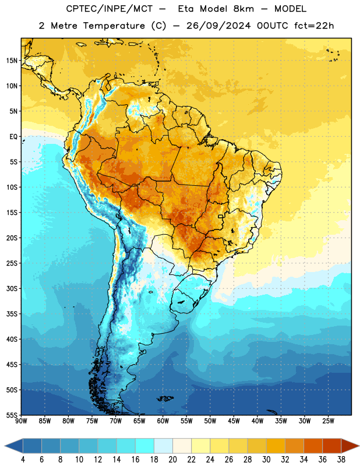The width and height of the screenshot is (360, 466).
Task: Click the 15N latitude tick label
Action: coord(12,61)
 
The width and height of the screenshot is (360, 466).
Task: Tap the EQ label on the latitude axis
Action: coord(13,137)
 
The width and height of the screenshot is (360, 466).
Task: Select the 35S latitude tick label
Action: coord(12,314)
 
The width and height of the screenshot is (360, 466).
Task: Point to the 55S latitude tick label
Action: coord(12,415)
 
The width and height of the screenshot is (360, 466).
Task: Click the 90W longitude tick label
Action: coord(21,421)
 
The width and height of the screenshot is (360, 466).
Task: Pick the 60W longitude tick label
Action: coord(163,421)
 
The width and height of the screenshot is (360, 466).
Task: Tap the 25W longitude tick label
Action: coord(328,421)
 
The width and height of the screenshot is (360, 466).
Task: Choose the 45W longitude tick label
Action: coord(234,421)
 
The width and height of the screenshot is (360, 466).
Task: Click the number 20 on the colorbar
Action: coord(172,460)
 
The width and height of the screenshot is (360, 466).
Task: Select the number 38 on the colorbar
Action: coord(341,460)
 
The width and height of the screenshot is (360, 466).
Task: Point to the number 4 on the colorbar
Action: coord(23,460)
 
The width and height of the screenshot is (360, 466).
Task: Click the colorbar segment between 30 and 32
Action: coord(276,446)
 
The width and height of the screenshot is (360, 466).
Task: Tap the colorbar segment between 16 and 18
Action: coord(144,446)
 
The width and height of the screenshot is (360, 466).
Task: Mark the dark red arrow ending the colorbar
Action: coord(350,446)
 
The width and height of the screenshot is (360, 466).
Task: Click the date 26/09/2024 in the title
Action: coord(218,26)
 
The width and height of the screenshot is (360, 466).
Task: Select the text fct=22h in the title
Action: coord(314,26)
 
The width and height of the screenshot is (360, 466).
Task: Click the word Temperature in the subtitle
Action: coord(114,26)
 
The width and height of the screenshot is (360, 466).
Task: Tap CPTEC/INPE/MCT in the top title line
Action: coord(109,9)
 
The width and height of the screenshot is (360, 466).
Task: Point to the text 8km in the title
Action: coord(243,9)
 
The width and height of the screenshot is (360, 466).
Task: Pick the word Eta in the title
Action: coord(186,9)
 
